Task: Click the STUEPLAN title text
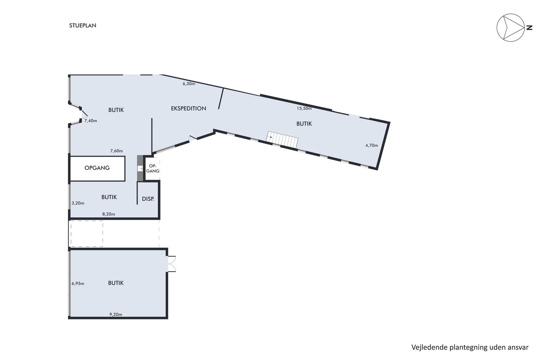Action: pos(83,25)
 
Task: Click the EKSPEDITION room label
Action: pos(189,108)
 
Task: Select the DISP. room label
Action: pos(148,199)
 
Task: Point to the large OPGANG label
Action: pos(97,168)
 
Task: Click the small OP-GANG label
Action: pos(153,168)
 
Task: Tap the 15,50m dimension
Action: pos(304,108)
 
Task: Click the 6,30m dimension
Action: pos(189,84)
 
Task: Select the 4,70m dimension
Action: pos(372,145)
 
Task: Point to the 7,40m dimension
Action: pos(91,121)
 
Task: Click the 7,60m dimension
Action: pos(116,151)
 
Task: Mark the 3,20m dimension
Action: pos(78,203)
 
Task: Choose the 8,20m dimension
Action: pos(109,214)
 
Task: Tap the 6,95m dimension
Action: pos(78,284)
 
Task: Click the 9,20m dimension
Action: pos(116,314)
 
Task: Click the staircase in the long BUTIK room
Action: pos(282,139)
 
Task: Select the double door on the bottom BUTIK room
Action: pos(172,264)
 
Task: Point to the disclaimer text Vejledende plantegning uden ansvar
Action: pos(470,348)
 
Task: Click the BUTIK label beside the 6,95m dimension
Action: pos(116,283)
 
